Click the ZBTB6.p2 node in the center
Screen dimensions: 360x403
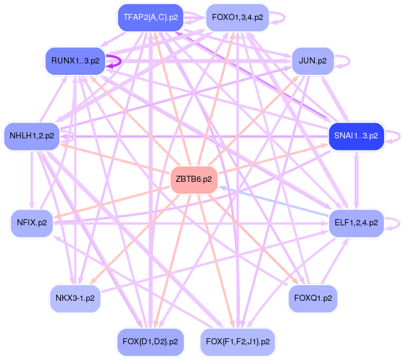pyautogui.click(x=194, y=179)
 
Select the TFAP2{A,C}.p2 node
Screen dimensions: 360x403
pyautogui.click(x=150, y=17)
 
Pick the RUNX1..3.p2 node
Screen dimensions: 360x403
pyautogui.click(x=76, y=61)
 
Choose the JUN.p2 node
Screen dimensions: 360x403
pyautogui.click(x=312, y=61)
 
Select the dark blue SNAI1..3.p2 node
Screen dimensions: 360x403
pyautogui.click(x=356, y=136)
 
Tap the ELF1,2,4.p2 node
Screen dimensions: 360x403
pyautogui.click(x=356, y=222)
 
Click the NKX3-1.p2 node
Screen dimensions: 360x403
pyautogui.click(x=75, y=297)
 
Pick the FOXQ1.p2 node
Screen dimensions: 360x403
pyautogui.click(x=313, y=297)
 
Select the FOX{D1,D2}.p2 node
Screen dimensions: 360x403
pyautogui.click(x=150, y=341)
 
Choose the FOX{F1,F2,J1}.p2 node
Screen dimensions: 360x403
pyautogui.click(x=237, y=341)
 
